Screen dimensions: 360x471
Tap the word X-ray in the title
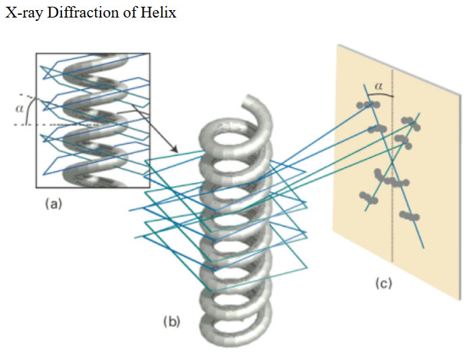(x=24, y=13)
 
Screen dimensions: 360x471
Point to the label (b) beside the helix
(x=172, y=322)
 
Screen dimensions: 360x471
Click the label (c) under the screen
(x=383, y=284)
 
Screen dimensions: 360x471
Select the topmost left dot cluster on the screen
(x=367, y=104)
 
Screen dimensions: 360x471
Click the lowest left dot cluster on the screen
(x=368, y=198)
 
